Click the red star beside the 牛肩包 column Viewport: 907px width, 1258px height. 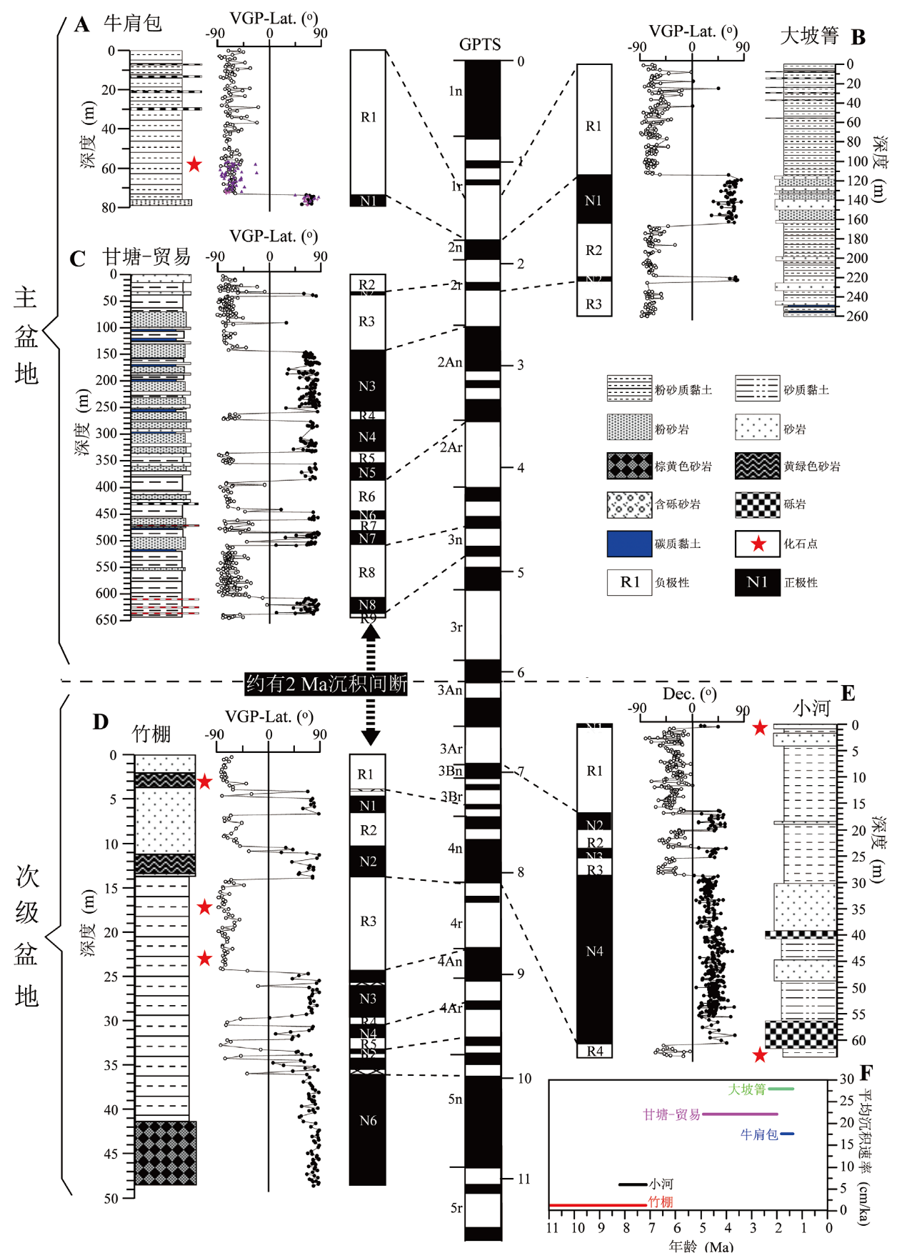[x=194, y=165]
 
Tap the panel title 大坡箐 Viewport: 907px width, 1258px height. [x=808, y=35]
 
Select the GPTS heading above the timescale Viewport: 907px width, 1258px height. [x=480, y=45]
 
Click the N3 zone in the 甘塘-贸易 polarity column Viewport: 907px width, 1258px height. [x=367, y=386]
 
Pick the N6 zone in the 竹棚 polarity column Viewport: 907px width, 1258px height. [x=367, y=1121]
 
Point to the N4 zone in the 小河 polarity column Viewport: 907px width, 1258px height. [x=594, y=952]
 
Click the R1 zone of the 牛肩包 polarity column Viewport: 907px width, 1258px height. [x=368, y=118]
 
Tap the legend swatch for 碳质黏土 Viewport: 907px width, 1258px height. [x=629, y=544]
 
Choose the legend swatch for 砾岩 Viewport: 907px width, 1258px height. [x=757, y=504]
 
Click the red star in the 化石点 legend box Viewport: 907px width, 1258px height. [x=758, y=544]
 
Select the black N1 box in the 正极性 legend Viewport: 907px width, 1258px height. [x=757, y=582]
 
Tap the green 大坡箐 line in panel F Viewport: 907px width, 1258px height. [x=781, y=1089]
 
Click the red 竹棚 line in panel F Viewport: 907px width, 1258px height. [x=597, y=1205]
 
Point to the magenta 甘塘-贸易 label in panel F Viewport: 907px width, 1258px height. [x=671, y=1114]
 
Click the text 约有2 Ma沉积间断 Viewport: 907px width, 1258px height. [x=326, y=684]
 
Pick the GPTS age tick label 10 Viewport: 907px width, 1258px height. [x=525, y=1078]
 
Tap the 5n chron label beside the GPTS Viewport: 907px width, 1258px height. [x=455, y=1099]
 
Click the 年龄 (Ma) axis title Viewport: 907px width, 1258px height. [x=701, y=1247]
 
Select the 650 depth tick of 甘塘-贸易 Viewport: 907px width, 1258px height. [x=106, y=619]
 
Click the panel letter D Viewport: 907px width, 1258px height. [x=101, y=722]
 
